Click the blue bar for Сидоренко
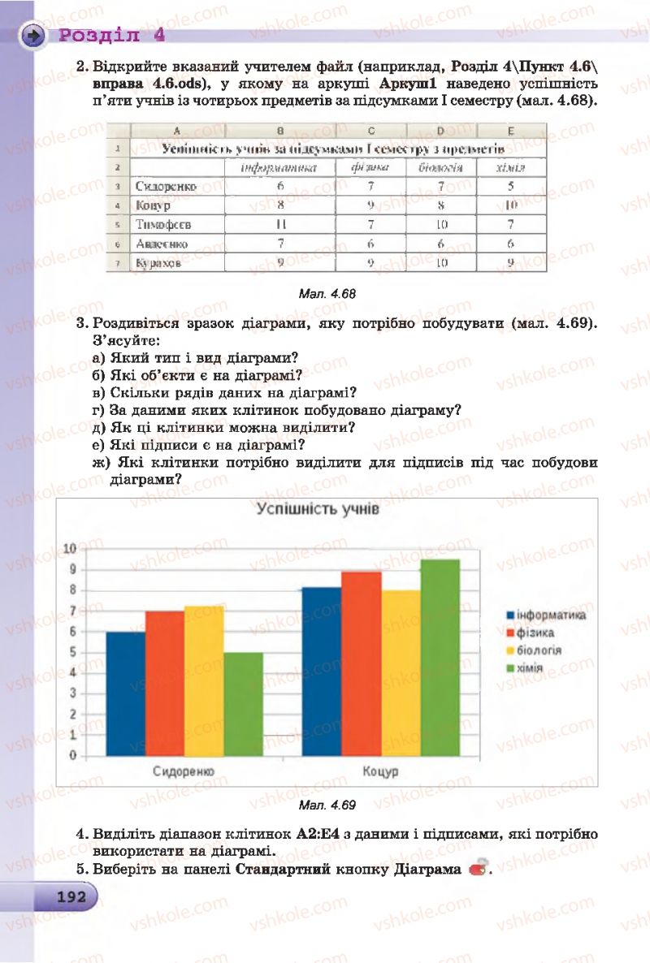(x=126, y=693)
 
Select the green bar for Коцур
(x=440, y=658)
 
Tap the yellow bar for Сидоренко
(x=204, y=680)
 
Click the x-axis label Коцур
(x=380, y=771)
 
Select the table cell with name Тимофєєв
(x=164, y=224)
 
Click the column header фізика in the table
(x=370, y=167)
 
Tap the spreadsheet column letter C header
(x=370, y=131)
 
